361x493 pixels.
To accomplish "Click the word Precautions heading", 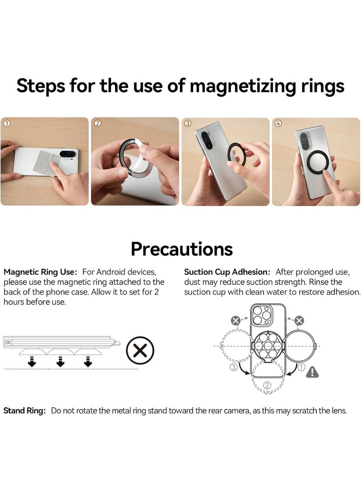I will coord(181,249).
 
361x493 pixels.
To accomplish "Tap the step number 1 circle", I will coord(6,123).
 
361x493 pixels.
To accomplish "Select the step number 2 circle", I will coord(97,123).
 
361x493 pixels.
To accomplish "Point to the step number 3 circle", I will coord(188,123).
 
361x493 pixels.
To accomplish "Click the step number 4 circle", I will coord(278,123).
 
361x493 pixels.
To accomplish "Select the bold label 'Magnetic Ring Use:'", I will coord(41,272).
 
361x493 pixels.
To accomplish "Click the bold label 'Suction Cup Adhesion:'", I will coord(227,272).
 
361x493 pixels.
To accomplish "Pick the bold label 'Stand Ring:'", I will coord(25,411).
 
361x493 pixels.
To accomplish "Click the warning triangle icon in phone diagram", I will coord(312,372).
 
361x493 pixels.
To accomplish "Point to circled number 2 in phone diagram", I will coord(267,385).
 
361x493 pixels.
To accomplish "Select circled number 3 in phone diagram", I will coord(233,367).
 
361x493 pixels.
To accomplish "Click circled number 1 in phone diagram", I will coord(302,367).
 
